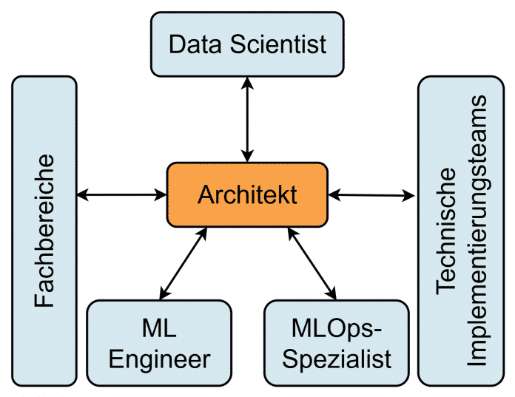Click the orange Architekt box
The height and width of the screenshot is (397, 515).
pos(247,194)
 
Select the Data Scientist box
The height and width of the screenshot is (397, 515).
pos(247,44)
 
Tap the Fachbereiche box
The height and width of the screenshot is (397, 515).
pos(44,230)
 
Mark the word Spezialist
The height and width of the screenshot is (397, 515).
pos(337,359)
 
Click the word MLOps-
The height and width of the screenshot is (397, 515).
pos(337,327)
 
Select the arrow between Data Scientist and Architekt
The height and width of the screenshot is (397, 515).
pos(247,118)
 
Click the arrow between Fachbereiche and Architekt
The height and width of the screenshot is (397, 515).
pos(122,194)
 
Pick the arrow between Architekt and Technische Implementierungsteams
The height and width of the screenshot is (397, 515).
pos(372,194)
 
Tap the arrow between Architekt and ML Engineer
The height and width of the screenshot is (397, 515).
pos(181,262)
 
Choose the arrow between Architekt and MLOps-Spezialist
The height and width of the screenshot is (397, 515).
pos(312,262)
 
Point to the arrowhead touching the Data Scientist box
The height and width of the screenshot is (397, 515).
pos(247,82)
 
